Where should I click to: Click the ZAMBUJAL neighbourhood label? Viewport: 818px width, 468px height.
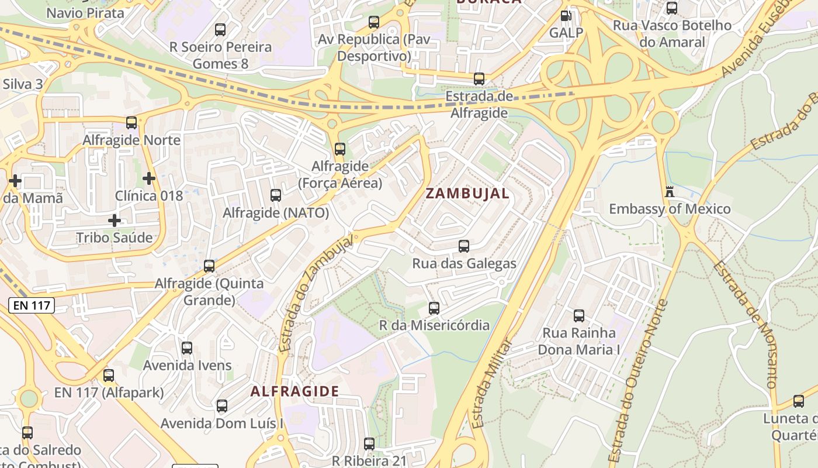click(467, 194)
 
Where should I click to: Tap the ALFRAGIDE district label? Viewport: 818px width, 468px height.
click(294, 391)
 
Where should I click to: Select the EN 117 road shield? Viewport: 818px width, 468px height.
click(32, 305)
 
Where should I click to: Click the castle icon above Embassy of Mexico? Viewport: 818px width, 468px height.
click(670, 191)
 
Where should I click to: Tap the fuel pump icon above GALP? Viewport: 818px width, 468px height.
click(566, 15)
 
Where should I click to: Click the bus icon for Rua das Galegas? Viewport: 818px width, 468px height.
click(464, 246)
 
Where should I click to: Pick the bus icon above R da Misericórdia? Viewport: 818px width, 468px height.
click(434, 308)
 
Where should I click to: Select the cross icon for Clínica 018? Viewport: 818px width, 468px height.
click(149, 177)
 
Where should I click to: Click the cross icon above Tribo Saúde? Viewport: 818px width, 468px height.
click(115, 220)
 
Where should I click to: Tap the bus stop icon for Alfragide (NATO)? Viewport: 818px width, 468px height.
click(276, 195)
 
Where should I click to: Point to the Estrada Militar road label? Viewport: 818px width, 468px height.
click(492, 383)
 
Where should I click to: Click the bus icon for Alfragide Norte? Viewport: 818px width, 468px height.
click(131, 122)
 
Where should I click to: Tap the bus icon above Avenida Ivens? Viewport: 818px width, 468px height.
click(187, 347)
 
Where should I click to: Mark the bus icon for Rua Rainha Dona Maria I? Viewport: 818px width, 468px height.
click(579, 315)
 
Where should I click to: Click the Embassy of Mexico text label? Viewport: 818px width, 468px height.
click(670, 209)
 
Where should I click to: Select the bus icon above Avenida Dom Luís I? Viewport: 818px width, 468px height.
click(222, 405)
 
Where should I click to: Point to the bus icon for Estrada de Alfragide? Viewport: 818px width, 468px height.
click(479, 78)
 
